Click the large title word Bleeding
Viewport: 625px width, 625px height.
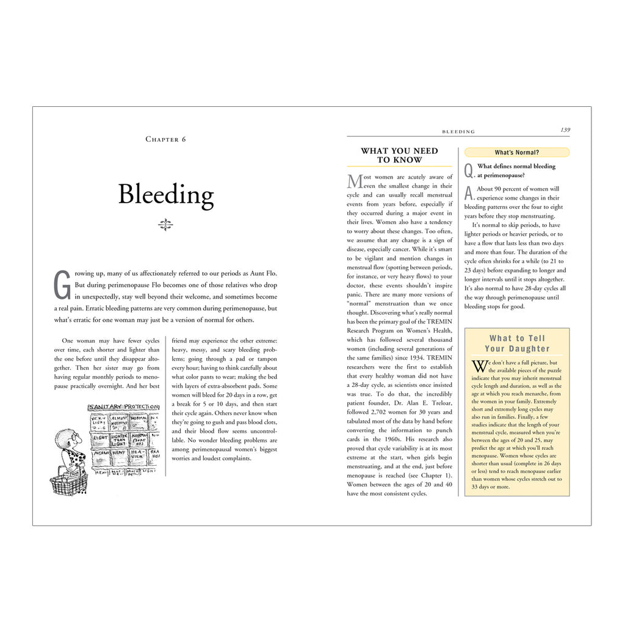click(166, 195)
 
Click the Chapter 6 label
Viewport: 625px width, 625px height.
click(165, 139)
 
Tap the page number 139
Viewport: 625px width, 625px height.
click(565, 129)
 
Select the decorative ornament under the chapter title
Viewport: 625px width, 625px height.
click(165, 225)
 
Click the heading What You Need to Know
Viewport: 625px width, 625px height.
click(399, 155)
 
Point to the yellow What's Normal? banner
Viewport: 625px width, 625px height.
click(516, 153)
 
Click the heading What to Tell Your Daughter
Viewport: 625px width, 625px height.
click(516, 344)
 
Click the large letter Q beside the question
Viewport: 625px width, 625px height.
click(469, 171)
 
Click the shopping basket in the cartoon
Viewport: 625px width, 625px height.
click(68, 483)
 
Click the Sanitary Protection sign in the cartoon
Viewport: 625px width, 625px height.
click(124, 407)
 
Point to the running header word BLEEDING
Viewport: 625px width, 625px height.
click(458, 131)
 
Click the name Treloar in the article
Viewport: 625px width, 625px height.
click(439, 403)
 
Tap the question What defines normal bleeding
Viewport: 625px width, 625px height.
click(516, 167)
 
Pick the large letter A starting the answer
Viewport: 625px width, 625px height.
click(468, 193)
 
